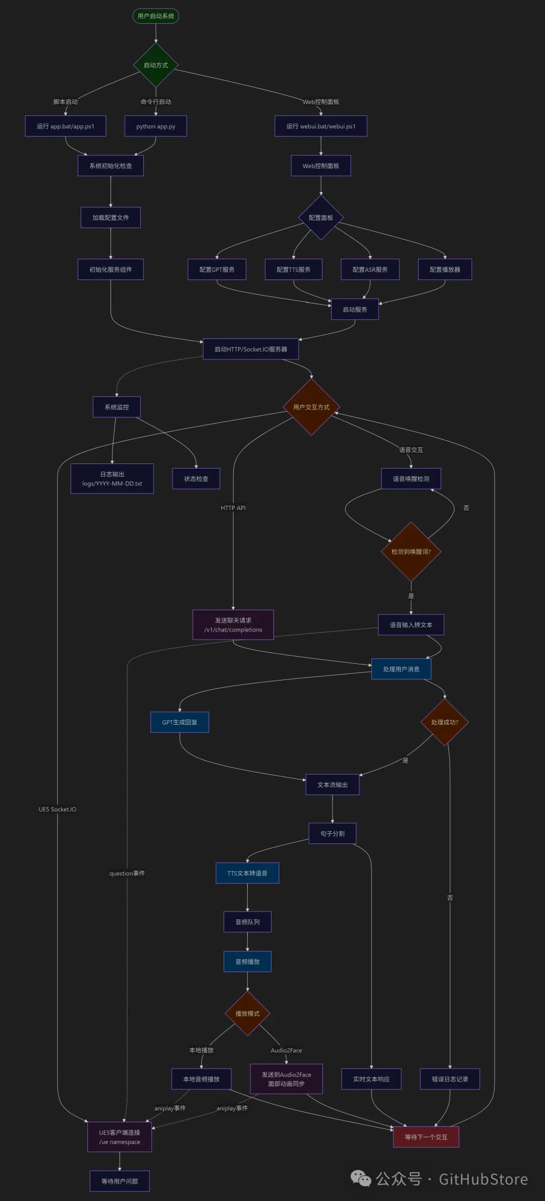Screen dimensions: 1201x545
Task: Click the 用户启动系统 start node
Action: point(155,16)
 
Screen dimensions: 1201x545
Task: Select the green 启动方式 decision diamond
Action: point(155,65)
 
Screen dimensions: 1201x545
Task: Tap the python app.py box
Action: point(155,126)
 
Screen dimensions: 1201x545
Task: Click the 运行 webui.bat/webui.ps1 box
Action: point(320,126)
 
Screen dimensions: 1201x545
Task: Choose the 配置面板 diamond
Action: point(320,218)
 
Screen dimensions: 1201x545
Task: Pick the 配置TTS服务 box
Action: point(293,269)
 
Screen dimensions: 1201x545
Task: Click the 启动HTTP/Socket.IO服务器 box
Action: point(250,349)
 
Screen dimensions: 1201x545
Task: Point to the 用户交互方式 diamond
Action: point(311,407)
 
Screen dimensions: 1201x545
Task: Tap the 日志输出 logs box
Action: point(112,479)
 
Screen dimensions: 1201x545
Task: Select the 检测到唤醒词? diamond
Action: point(411,551)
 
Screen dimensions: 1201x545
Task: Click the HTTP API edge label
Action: point(233,508)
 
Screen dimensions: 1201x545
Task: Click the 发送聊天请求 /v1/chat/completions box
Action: point(233,625)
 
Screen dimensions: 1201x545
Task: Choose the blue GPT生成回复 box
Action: point(180,722)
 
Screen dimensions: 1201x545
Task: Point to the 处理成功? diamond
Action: point(445,722)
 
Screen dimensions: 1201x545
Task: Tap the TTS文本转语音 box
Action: point(247,873)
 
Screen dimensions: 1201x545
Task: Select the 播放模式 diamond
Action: point(247,1013)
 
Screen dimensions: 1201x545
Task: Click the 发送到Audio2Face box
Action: point(286,1079)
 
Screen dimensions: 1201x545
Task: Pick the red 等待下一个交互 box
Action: point(426,1137)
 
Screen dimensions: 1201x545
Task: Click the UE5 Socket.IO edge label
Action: point(58,810)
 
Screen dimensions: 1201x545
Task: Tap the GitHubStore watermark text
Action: point(483,1179)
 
